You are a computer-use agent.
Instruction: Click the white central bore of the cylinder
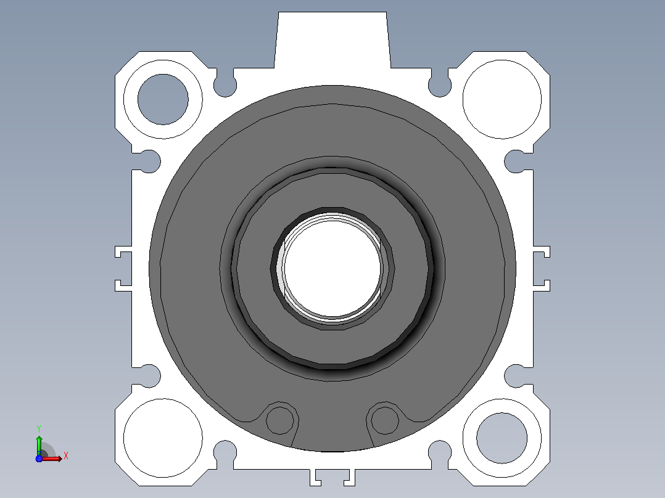pyautogui.click(x=333, y=269)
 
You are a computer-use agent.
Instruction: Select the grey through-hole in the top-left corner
pyautogui.click(x=163, y=99)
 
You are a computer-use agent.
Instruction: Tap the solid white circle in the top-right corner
pyautogui.click(x=502, y=99)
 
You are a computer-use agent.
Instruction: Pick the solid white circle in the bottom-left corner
pyautogui.click(x=163, y=438)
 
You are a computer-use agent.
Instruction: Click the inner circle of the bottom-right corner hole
pyautogui.click(x=502, y=438)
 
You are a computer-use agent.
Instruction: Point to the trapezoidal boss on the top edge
pyautogui.click(x=332, y=40)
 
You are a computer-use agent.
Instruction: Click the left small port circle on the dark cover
pyautogui.click(x=279, y=420)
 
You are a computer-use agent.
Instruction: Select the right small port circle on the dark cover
pyautogui.click(x=385, y=420)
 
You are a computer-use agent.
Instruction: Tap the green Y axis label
pyautogui.click(x=39, y=428)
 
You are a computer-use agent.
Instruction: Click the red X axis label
pyautogui.click(x=66, y=456)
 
